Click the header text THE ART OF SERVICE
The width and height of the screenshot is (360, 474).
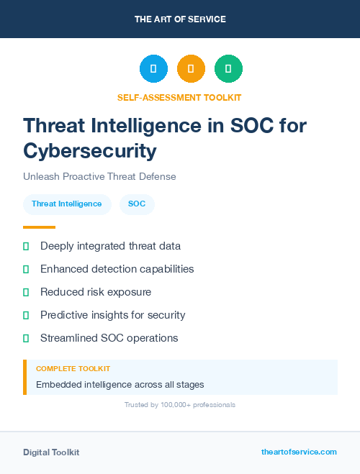point(180,19)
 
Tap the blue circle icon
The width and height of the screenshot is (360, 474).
point(153,69)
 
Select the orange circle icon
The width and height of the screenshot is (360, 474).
point(191,69)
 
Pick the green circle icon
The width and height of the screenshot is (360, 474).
point(228,69)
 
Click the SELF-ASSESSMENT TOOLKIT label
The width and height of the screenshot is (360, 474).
point(179,97)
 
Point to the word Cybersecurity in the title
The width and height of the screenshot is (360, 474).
point(89,150)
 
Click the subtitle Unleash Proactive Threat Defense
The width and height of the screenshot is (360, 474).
point(99,176)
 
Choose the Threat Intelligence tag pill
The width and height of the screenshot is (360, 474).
point(67,204)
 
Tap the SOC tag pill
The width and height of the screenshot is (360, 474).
point(137,204)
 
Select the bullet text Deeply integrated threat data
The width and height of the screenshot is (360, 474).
point(110,246)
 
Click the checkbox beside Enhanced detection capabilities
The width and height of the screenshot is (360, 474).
point(26,269)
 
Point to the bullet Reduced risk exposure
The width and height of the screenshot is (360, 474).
point(95,292)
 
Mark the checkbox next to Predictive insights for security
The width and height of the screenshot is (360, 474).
point(26,315)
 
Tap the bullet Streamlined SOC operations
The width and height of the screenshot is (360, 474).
point(109,338)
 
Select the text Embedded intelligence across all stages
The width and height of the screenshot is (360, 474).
point(120,384)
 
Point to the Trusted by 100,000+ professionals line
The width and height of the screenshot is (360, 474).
point(180,405)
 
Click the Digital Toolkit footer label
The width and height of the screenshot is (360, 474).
point(51,452)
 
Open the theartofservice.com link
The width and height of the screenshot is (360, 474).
point(299,452)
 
